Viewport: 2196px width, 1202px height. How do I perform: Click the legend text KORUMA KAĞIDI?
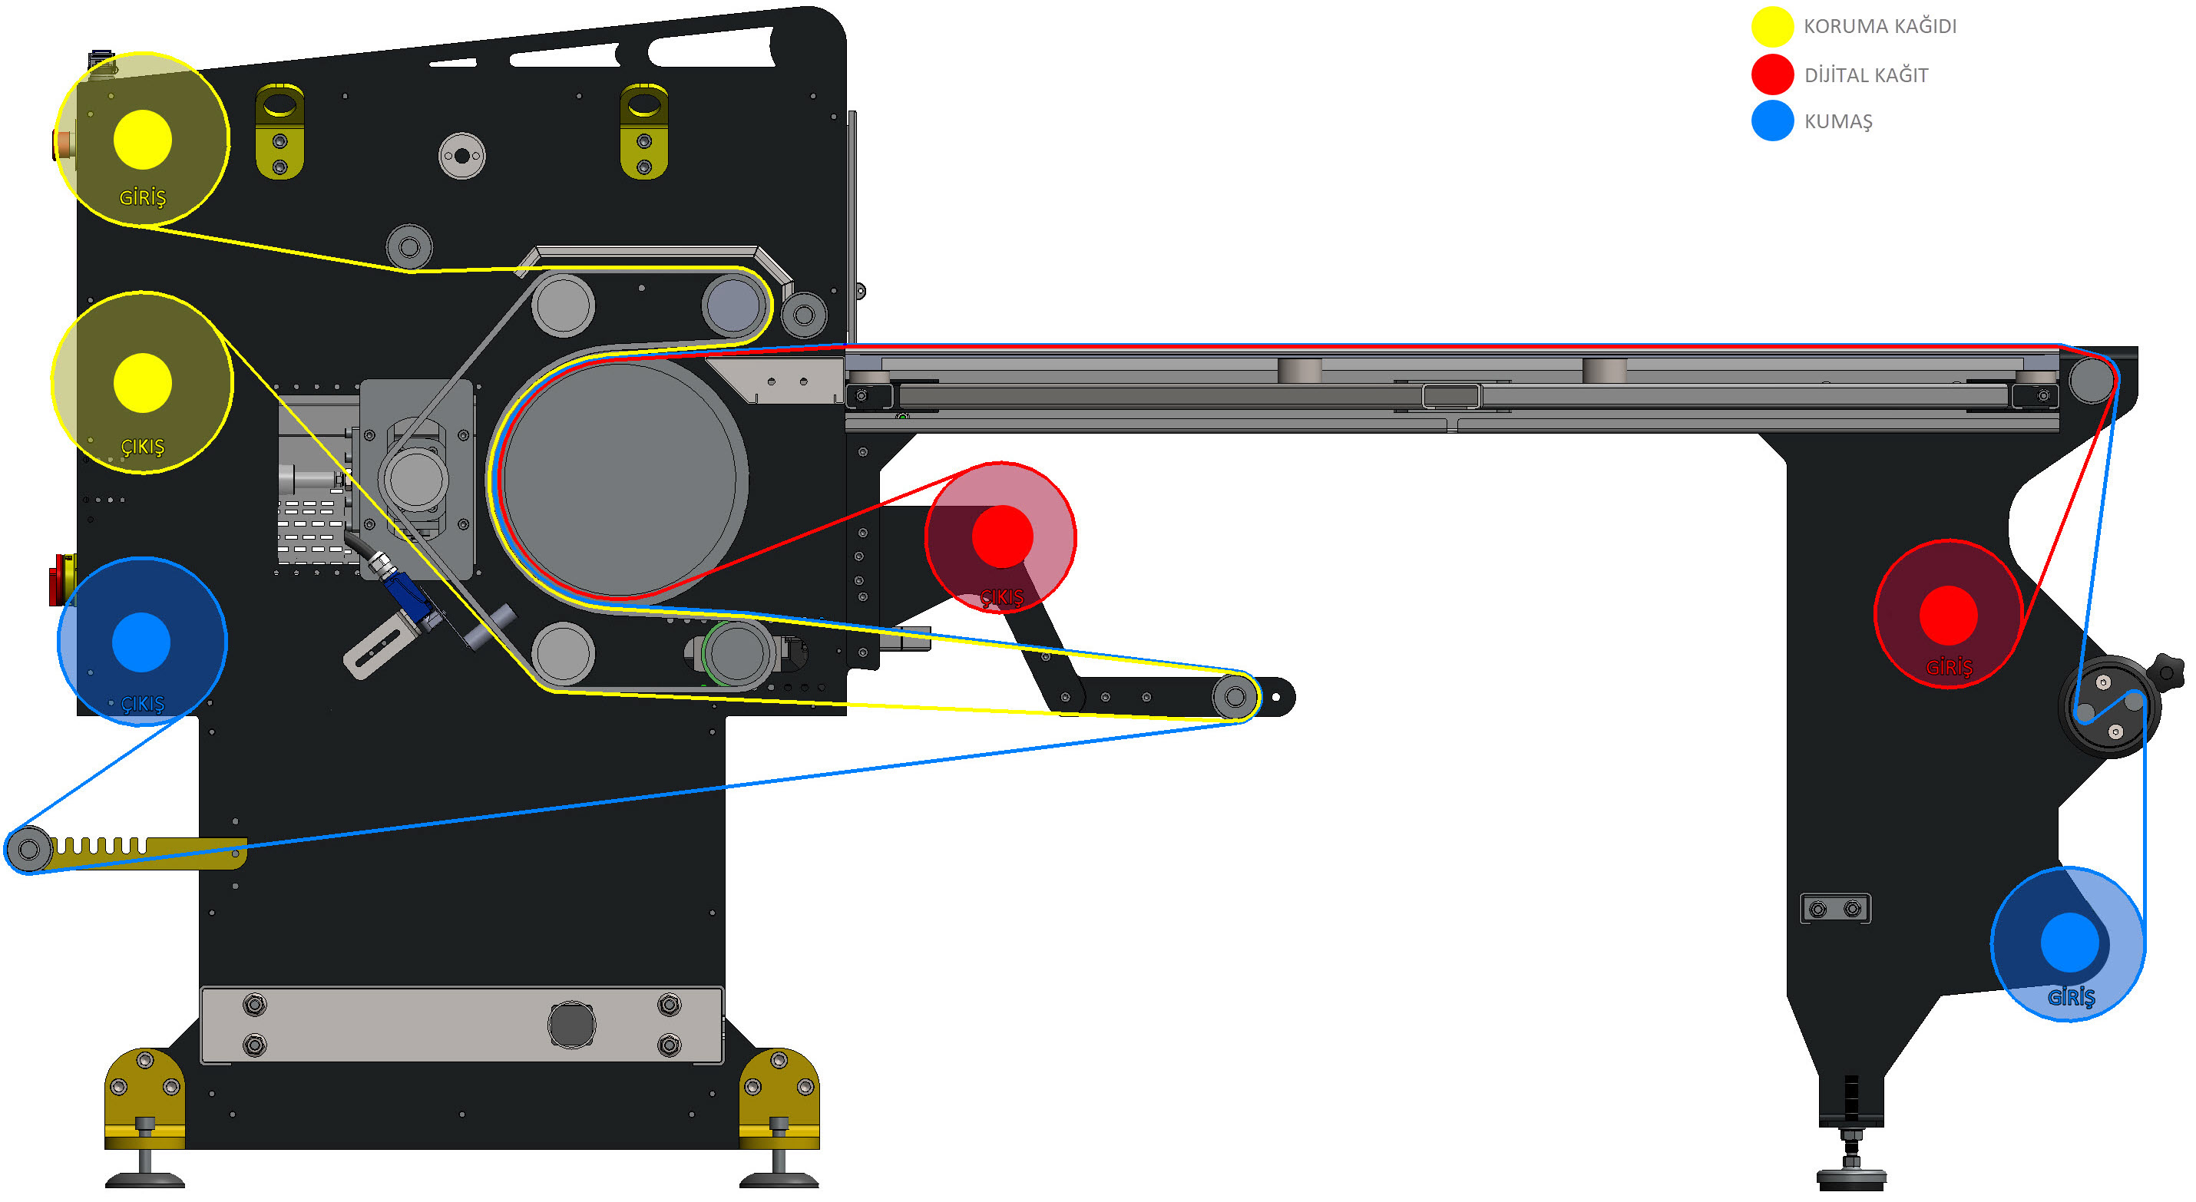click(x=1880, y=25)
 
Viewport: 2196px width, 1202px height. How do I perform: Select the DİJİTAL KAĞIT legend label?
click(x=1866, y=75)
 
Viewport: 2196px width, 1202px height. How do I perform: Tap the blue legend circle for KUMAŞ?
click(x=1772, y=121)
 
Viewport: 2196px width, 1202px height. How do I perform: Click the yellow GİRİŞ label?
click(x=142, y=198)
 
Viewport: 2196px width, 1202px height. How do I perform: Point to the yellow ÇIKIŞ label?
click(x=142, y=447)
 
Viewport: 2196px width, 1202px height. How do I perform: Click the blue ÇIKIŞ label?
click(x=142, y=704)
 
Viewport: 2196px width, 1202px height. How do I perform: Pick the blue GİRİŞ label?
click(x=2071, y=996)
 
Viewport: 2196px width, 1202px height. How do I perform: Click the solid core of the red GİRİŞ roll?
click(x=1948, y=616)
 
